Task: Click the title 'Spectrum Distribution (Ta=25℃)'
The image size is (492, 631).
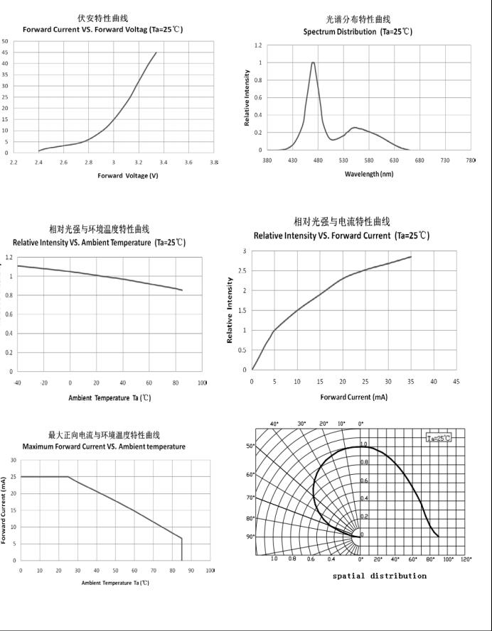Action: click(358, 32)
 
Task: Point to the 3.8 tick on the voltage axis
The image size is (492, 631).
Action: click(214, 163)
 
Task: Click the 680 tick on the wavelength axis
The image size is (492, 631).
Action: click(419, 160)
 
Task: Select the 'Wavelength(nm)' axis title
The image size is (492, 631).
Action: click(368, 174)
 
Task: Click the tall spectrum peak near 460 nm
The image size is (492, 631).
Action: click(313, 63)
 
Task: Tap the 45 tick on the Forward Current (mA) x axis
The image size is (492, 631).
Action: click(456, 381)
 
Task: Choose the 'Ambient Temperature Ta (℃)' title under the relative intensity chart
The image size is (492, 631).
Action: click(109, 397)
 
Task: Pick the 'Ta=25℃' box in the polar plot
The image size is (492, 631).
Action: click(439, 438)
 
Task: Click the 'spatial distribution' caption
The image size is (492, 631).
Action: click(380, 576)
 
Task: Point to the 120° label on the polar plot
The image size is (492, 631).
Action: click(466, 559)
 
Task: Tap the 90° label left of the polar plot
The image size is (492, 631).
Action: click(250, 537)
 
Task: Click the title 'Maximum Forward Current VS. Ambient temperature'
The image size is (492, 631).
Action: click(104, 446)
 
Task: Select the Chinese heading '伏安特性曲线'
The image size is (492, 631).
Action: click(103, 18)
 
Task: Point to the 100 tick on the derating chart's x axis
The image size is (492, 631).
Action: click(210, 571)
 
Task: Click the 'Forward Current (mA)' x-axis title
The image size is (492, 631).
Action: click(353, 397)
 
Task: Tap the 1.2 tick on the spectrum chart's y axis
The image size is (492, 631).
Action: click(259, 45)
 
